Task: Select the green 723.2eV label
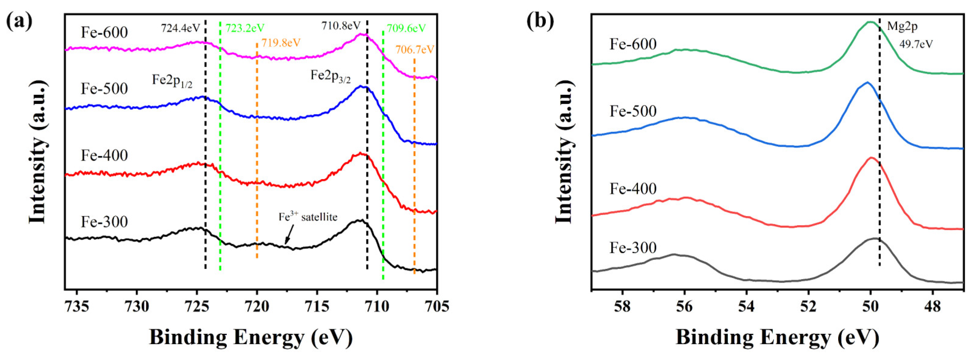point(245,29)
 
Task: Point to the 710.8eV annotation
point(341,26)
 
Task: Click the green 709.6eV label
point(406,29)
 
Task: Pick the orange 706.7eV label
point(415,49)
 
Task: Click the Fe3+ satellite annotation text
point(308,217)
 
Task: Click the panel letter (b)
point(540,21)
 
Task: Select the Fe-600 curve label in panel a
point(104,32)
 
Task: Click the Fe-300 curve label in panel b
point(633,248)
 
